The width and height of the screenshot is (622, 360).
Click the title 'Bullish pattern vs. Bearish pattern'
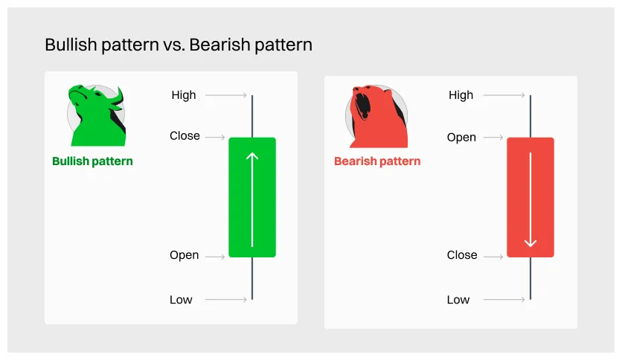point(179,45)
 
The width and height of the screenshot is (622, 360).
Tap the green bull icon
point(95,116)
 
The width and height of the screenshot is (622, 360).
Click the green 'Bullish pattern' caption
point(92,161)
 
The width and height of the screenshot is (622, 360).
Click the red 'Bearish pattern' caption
point(377,161)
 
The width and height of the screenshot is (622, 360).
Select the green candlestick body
point(252,197)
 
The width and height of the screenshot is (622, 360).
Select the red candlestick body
point(530,197)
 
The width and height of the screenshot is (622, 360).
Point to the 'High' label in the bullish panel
point(183,94)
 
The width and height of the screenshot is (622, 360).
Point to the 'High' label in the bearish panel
point(461,94)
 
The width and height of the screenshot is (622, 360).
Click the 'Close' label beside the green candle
point(185,136)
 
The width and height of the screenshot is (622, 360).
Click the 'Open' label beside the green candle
point(184,255)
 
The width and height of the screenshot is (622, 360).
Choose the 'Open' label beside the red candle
point(461,137)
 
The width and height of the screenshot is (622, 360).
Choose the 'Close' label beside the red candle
point(462,255)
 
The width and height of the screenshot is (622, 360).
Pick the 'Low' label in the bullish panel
point(181,300)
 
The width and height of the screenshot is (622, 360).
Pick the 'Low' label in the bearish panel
point(458,300)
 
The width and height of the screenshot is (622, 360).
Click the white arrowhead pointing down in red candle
point(530,243)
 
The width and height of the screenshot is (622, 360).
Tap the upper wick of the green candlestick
point(252,116)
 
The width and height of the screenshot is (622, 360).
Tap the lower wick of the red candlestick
point(530,278)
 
